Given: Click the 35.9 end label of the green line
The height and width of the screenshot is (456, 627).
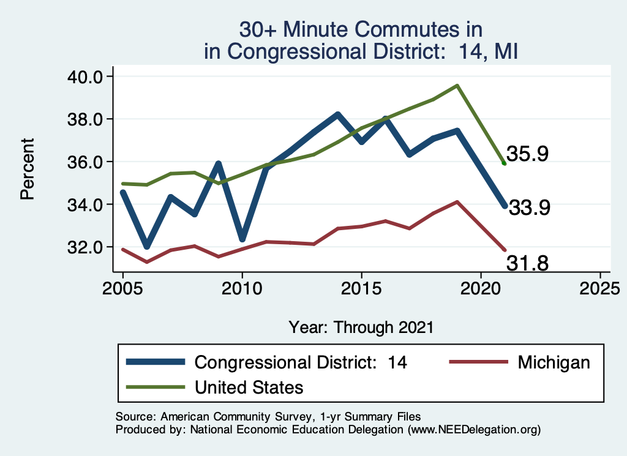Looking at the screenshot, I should click(x=525, y=154).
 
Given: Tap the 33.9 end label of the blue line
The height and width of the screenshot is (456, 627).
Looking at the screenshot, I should click(x=530, y=208).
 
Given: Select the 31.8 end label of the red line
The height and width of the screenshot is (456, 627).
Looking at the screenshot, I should click(x=527, y=263).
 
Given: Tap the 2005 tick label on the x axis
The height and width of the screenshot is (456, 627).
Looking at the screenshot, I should click(x=122, y=288).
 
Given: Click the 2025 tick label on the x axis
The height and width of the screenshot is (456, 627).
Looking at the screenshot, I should click(x=599, y=288).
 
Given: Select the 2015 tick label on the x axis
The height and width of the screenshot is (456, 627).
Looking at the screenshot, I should click(x=361, y=288).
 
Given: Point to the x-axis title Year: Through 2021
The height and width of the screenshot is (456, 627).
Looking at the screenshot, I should click(x=361, y=327).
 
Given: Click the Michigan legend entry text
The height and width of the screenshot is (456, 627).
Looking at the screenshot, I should click(x=554, y=362).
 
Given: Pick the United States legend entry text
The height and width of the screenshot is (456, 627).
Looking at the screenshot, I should click(x=249, y=387).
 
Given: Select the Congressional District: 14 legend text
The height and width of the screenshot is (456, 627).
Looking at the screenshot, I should click(x=301, y=362).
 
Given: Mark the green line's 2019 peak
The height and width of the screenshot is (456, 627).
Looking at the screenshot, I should click(x=457, y=86).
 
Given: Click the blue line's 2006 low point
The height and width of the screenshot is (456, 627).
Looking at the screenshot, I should click(x=147, y=247).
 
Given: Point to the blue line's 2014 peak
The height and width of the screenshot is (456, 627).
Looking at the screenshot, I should click(x=337, y=114).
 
